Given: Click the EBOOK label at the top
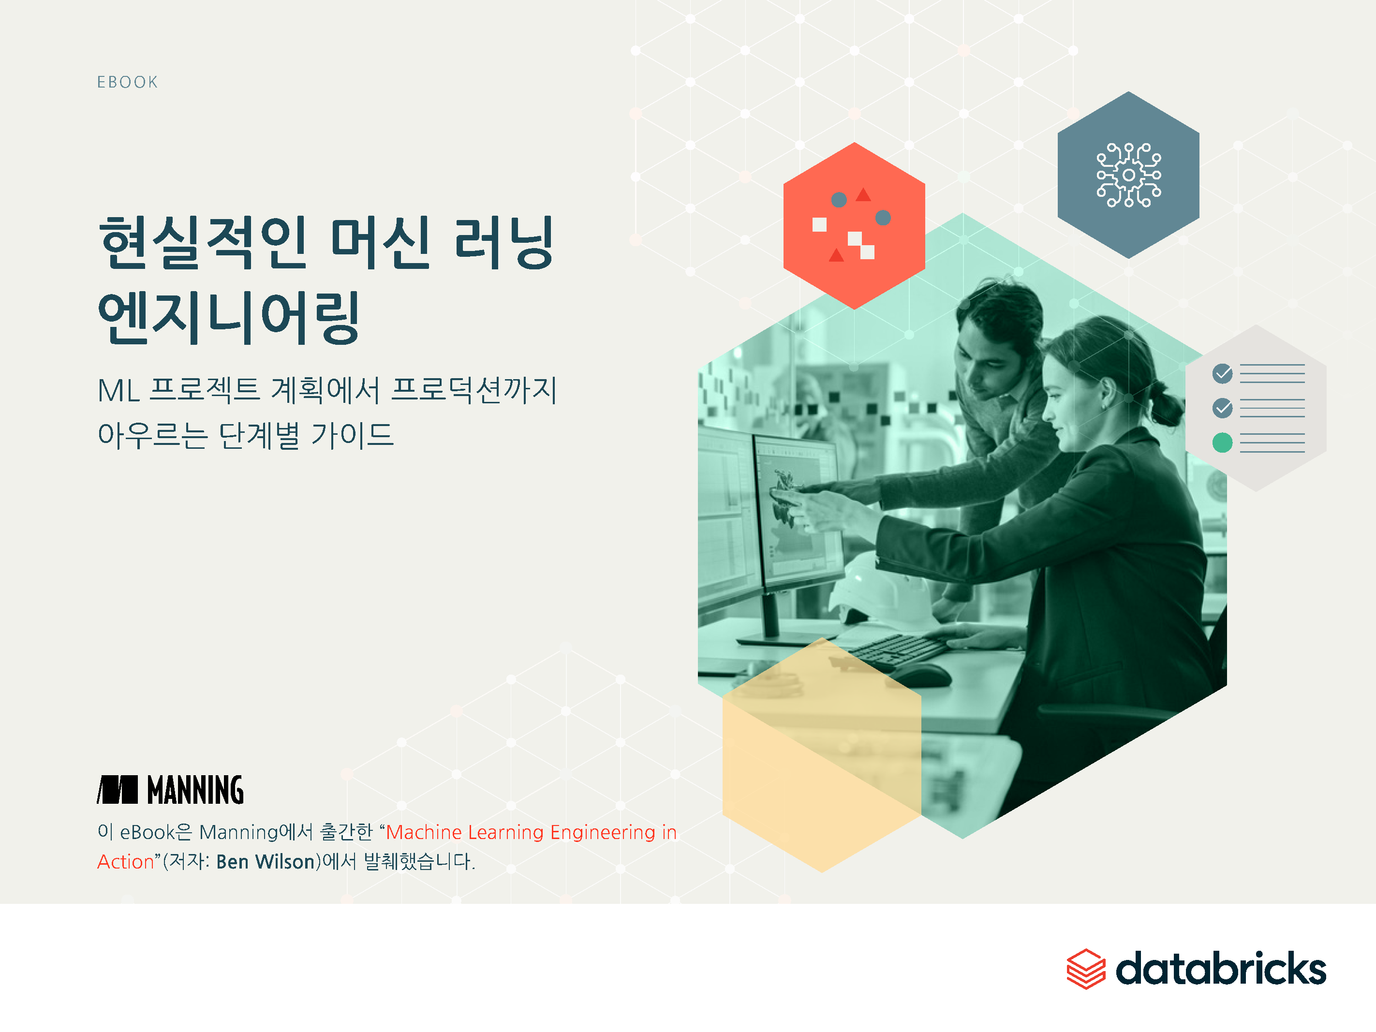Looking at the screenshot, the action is pyautogui.click(x=128, y=82).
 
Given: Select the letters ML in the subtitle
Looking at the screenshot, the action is pyautogui.click(x=118, y=391).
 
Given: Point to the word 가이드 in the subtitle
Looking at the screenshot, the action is pyautogui.click(x=352, y=435).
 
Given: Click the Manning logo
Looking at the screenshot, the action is pyautogui.click(x=170, y=789).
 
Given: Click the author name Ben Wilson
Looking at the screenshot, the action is pyautogui.click(x=266, y=862).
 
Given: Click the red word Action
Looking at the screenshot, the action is pyautogui.click(x=126, y=862).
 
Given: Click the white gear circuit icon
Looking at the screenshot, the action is pyautogui.click(x=1128, y=175).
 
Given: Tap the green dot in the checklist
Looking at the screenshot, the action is pyautogui.click(x=1222, y=442).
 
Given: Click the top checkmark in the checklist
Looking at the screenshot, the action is pyautogui.click(x=1222, y=373).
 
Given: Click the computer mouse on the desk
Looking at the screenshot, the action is pyautogui.click(x=921, y=675).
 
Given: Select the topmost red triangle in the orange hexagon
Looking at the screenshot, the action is pyautogui.click(x=863, y=195).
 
